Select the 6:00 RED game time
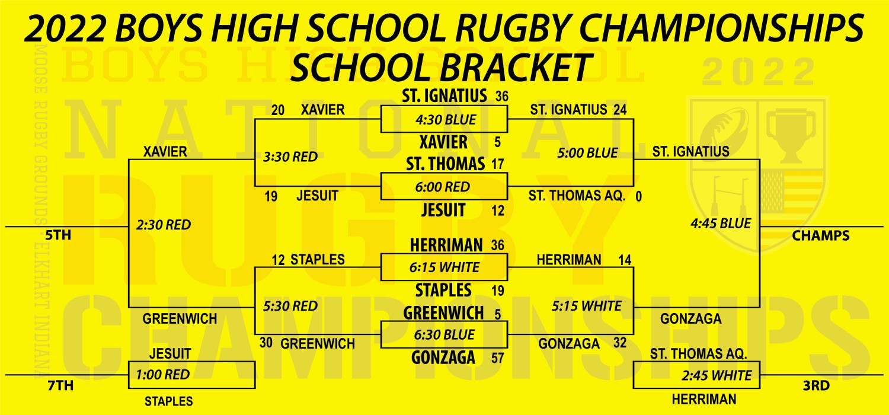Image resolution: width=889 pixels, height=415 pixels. click(x=443, y=187)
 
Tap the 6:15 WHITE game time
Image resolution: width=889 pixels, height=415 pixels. click(x=444, y=267)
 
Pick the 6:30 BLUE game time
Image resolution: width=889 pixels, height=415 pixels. click(x=444, y=335)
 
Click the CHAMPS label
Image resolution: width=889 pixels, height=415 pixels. click(x=821, y=235)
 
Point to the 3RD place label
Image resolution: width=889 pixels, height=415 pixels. click(x=816, y=385)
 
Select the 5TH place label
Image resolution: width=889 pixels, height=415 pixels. click(x=58, y=235)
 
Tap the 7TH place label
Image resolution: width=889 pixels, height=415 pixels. click(x=60, y=385)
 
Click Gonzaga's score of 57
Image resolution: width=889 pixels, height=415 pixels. click(x=498, y=358)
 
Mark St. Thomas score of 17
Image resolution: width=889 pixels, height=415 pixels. click(x=498, y=164)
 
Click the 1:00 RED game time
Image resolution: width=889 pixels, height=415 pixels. click(x=163, y=375)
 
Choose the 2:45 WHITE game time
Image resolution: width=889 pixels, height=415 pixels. click(x=717, y=375)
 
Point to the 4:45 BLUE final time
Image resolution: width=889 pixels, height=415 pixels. click(x=721, y=224)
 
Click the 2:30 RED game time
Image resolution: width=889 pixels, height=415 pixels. click(x=164, y=225)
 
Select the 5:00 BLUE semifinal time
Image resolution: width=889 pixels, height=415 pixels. click(x=587, y=153)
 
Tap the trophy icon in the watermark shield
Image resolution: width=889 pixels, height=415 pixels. click(x=791, y=135)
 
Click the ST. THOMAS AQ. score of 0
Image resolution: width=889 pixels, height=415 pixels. click(x=638, y=196)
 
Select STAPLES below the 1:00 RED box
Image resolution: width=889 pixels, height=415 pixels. click(x=169, y=401)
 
